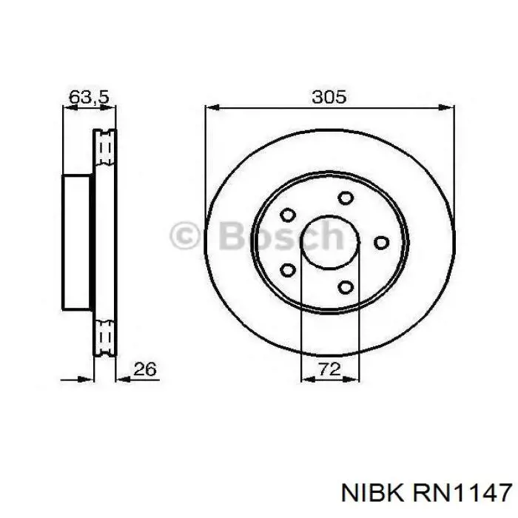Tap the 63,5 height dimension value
(x=89, y=97)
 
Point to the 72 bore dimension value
(x=329, y=370)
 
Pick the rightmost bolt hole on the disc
(x=381, y=242)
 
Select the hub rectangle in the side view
(x=78, y=241)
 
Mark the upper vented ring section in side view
(x=104, y=152)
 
